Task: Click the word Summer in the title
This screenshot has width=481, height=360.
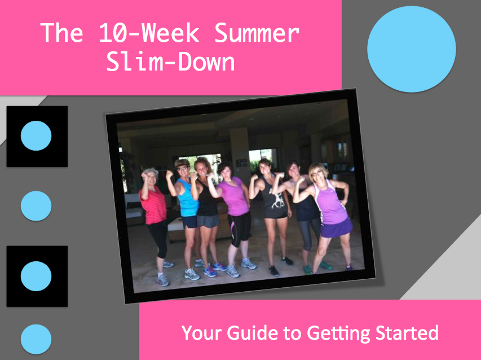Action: pyautogui.click(x=257, y=34)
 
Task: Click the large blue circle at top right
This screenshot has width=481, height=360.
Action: pyautogui.click(x=411, y=49)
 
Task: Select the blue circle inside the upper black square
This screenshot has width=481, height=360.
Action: pyautogui.click(x=36, y=136)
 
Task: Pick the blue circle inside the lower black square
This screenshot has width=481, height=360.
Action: pyautogui.click(x=36, y=276)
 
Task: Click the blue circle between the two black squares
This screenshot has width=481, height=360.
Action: pyautogui.click(x=36, y=206)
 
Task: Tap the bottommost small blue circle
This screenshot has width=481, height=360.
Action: pyautogui.click(x=36, y=339)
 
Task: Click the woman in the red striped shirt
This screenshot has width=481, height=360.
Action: pyautogui.click(x=153, y=209)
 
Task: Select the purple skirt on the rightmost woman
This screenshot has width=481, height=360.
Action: pyautogui.click(x=336, y=228)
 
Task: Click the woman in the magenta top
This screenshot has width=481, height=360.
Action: pyautogui.click(x=233, y=197)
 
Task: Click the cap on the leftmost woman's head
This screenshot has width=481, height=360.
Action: pyautogui.click(x=150, y=171)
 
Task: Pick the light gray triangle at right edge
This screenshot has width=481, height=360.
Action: pyautogui.click(x=451, y=265)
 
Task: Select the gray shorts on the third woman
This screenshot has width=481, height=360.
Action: pyautogui.click(x=209, y=221)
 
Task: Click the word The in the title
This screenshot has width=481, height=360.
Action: pyautogui.click(x=62, y=34)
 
